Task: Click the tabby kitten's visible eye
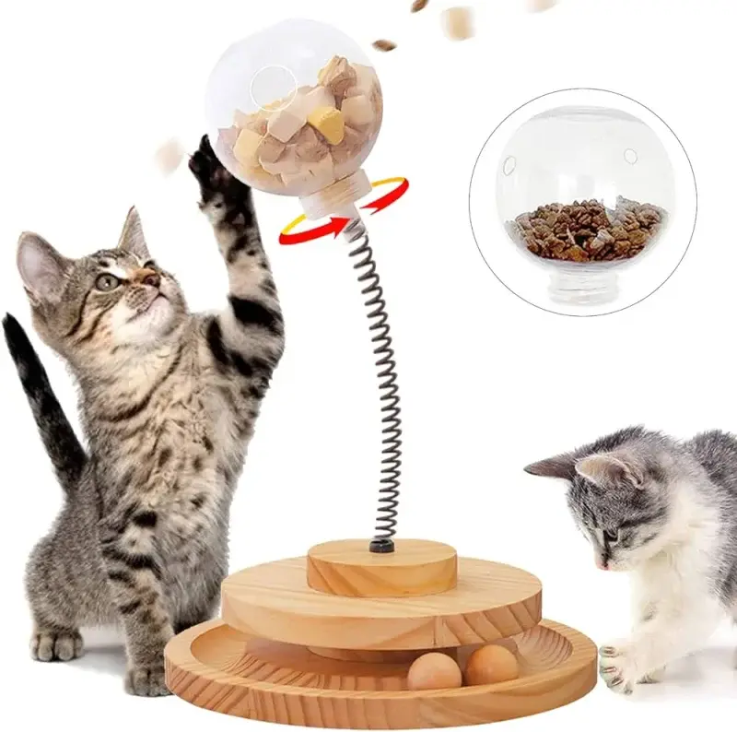(108, 282)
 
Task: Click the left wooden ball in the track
(434, 671)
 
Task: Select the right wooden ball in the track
(490, 664)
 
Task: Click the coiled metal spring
(378, 387)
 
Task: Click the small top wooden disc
(381, 567)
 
